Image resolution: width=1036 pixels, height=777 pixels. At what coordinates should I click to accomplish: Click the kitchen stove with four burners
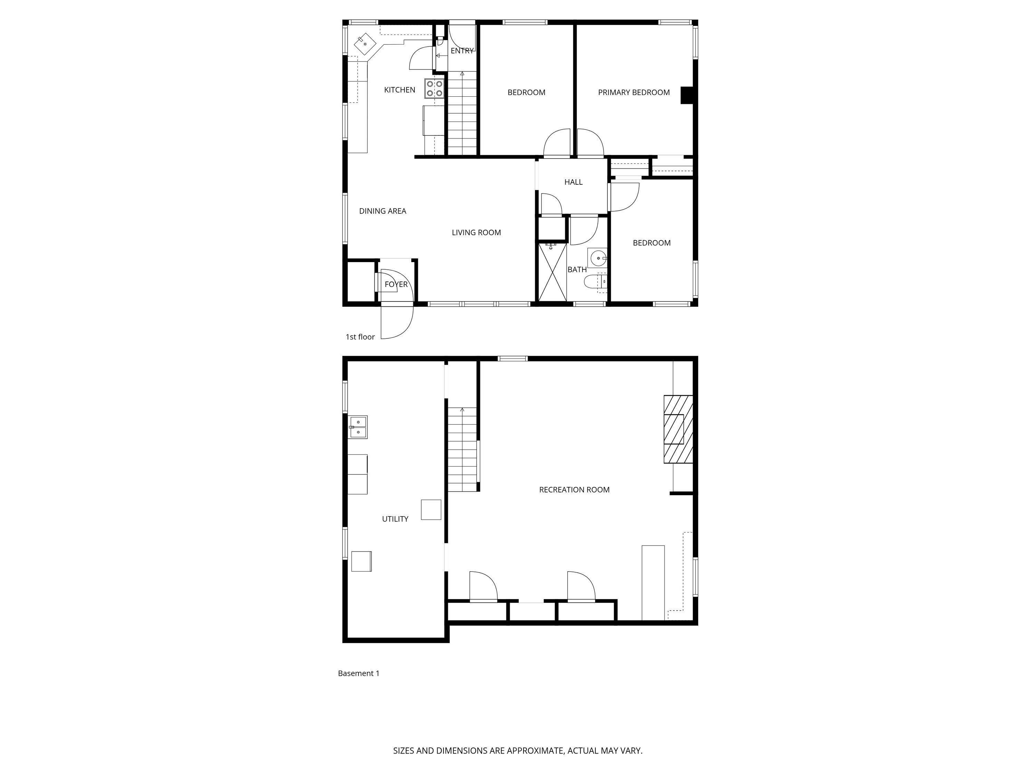435,88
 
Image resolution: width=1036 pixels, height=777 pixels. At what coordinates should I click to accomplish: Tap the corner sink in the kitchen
365,44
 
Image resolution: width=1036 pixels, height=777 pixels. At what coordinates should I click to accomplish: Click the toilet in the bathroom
593,281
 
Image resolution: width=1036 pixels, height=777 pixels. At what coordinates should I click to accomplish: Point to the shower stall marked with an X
552,272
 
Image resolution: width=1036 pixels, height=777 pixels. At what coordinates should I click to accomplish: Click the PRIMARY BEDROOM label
633,92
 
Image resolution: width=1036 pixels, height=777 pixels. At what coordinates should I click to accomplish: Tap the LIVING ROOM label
476,232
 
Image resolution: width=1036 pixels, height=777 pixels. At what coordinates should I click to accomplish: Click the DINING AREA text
382,211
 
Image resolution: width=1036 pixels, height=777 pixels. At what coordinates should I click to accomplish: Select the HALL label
573,182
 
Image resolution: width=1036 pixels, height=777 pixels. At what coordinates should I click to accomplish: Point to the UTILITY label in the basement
395,519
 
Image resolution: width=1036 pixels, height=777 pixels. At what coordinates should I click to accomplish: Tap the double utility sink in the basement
358,427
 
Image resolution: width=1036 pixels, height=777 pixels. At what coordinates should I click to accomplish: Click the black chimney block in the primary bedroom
686,95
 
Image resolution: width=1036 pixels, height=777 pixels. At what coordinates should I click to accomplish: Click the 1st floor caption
360,337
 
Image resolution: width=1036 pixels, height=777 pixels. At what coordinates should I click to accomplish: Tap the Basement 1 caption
358,673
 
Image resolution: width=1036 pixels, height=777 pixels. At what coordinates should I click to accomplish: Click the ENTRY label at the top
462,50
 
